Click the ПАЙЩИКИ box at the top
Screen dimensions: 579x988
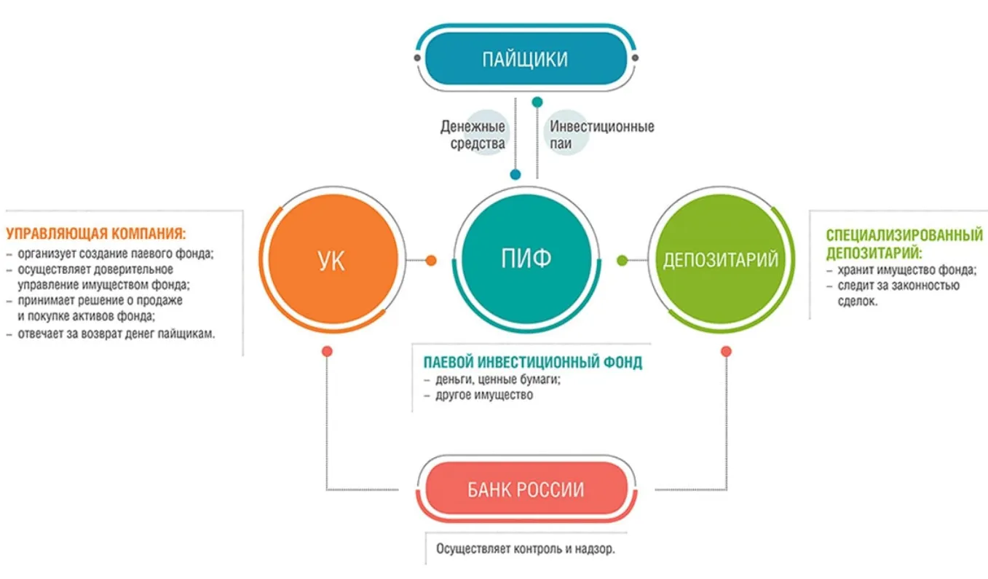[x=525, y=58]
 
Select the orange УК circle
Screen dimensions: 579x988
[x=332, y=261]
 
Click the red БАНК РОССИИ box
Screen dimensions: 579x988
[x=525, y=489]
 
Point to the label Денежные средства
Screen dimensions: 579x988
[x=473, y=135]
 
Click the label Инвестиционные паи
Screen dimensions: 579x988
[x=601, y=135]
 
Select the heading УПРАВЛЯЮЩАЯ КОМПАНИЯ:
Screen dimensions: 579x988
[x=95, y=235]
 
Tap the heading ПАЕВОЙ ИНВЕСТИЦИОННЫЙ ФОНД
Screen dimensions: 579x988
[x=533, y=362]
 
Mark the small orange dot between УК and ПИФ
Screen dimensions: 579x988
[x=431, y=260]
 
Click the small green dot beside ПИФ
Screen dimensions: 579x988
[x=623, y=260]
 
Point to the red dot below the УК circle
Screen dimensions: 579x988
[x=327, y=351]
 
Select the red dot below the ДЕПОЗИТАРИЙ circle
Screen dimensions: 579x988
[x=726, y=351]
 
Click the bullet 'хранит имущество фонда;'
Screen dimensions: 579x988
[x=902, y=270]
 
